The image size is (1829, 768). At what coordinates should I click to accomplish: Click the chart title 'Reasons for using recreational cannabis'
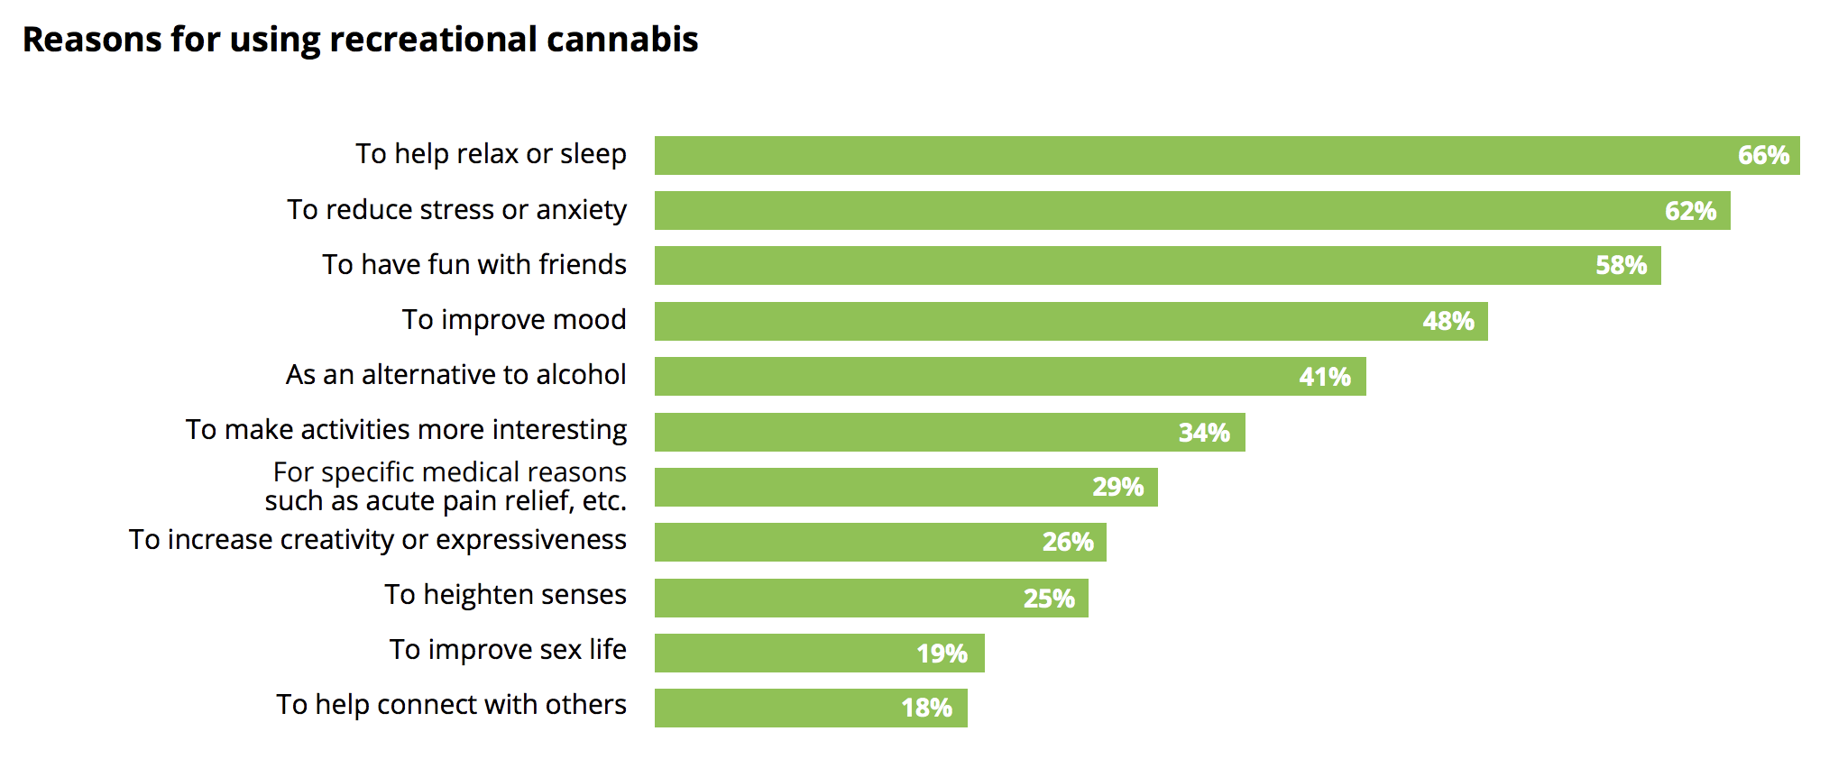click(360, 40)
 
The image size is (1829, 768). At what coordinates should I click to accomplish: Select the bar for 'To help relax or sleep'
click(1172, 155)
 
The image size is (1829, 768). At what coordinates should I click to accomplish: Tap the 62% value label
click(1690, 211)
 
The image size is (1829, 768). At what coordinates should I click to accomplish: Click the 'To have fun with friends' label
click(474, 264)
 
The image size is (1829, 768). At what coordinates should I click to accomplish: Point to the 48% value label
click(1448, 321)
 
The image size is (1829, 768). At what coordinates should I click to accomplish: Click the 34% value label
click(1204, 433)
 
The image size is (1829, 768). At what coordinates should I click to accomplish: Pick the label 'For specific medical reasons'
click(449, 472)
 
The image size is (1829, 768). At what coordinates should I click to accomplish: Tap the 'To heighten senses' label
click(505, 595)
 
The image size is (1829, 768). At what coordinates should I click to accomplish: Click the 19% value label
click(942, 654)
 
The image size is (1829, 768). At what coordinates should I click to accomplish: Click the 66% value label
click(1763, 155)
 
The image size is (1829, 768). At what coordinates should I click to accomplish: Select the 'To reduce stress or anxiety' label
click(456, 209)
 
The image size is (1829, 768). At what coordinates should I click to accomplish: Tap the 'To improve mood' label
click(514, 319)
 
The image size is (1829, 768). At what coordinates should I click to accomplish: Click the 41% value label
click(1325, 377)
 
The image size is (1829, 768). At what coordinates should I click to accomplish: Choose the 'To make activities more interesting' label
click(406, 429)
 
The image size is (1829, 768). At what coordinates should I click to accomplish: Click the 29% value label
click(1117, 487)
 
